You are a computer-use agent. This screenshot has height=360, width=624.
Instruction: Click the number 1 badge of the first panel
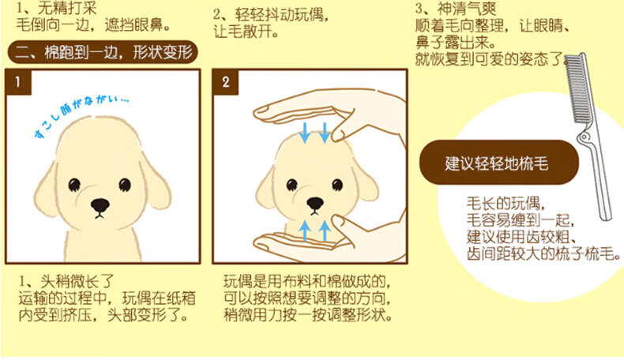click(18, 82)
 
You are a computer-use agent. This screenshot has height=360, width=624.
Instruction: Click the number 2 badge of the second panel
click(226, 82)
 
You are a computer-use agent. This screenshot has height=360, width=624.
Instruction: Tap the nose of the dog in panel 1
click(100, 205)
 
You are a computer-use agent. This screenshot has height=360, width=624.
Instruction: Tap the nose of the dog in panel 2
click(315, 204)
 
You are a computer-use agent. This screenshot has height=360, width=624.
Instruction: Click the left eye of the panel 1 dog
click(74, 185)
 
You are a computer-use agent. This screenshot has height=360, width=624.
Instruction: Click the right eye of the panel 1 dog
click(125, 185)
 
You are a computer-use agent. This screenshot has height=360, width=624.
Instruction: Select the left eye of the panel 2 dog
click(291, 185)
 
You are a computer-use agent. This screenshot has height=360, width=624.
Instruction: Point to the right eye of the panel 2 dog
click(337, 185)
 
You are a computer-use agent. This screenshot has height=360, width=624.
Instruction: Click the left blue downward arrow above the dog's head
click(305, 133)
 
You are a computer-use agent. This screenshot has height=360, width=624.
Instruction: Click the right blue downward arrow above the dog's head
click(325, 133)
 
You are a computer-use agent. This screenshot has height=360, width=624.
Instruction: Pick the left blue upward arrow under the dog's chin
click(305, 231)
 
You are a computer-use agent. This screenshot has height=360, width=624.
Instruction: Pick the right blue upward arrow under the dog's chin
click(325, 231)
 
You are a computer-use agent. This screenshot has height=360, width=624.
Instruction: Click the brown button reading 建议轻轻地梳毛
click(499, 163)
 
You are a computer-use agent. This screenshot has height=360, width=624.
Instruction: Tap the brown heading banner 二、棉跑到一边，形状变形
click(103, 52)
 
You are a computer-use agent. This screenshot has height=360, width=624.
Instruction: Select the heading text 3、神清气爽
click(456, 9)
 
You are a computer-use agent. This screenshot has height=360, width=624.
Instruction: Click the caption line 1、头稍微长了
click(66, 282)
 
